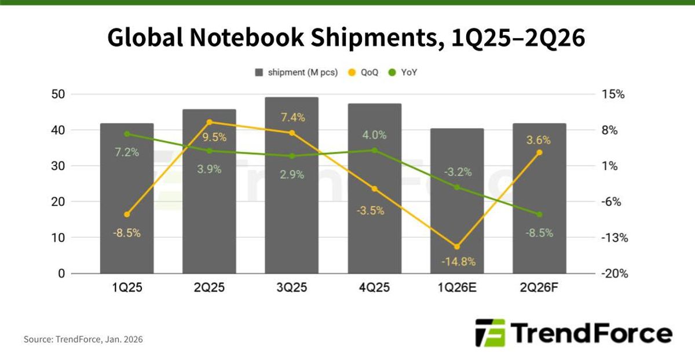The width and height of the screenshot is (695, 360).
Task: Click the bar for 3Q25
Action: coord(291,185)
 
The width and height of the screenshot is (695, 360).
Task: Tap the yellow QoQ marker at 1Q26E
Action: coord(456,247)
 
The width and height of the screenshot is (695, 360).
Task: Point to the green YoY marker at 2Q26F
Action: coord(539,214)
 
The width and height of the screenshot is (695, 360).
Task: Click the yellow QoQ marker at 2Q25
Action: coord(209,122)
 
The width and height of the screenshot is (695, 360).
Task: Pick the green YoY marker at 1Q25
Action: coord(127,134)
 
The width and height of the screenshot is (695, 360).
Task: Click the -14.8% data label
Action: coord(458,262)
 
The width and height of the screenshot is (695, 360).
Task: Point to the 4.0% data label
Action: coord(374,135)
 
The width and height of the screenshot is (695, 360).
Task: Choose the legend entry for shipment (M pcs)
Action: coord(296,72)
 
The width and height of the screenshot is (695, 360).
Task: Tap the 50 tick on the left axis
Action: coord(58,94)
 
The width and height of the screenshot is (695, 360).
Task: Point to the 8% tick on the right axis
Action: coord(610,130)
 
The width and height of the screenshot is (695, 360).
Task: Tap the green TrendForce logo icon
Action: coord(489,333)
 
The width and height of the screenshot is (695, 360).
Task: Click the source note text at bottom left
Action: coord(83,339)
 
